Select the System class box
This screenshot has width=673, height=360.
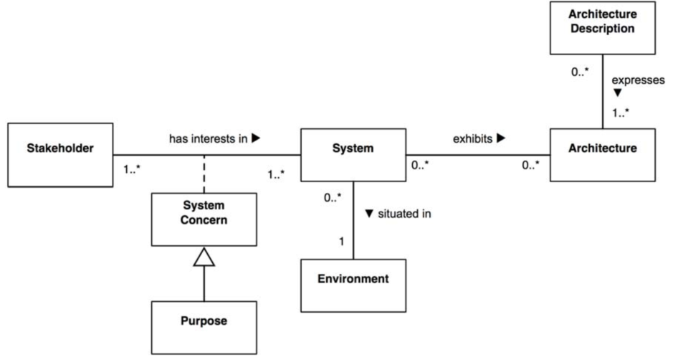point(352,154)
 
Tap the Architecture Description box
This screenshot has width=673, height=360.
point(602,28)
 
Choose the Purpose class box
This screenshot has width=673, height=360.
point(204,326)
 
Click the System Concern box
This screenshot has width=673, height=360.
point(204,219)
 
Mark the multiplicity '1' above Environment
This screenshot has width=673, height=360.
point(341,242)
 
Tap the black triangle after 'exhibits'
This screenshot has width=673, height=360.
point(500,138)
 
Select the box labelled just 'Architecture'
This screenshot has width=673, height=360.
point(602,154)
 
